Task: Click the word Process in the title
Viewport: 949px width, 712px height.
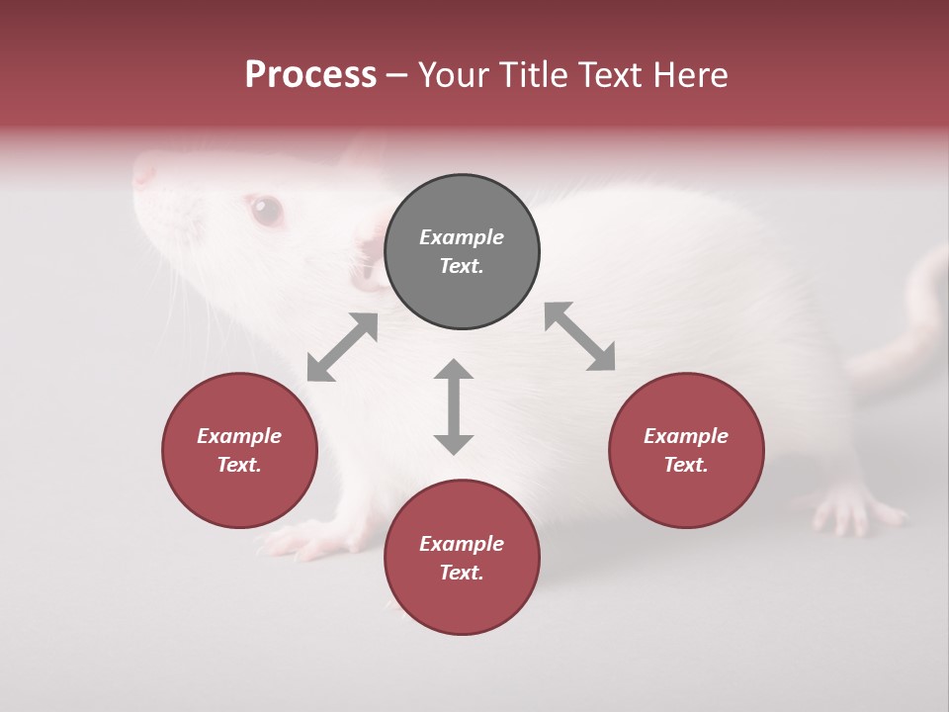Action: (x=310, y=75)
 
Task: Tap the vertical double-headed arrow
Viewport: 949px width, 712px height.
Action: (x=454, y=406)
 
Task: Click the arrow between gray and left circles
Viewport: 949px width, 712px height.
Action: (x=342, y=347)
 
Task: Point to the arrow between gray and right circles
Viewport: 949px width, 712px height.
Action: (x=579, y=336)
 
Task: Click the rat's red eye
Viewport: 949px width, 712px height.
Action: (x=265, y=209)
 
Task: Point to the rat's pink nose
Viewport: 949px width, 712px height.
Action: (x=144, y=173)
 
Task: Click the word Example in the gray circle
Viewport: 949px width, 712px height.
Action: (x=462, y=237)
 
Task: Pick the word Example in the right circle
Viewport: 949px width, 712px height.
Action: (x=686, y=436)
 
